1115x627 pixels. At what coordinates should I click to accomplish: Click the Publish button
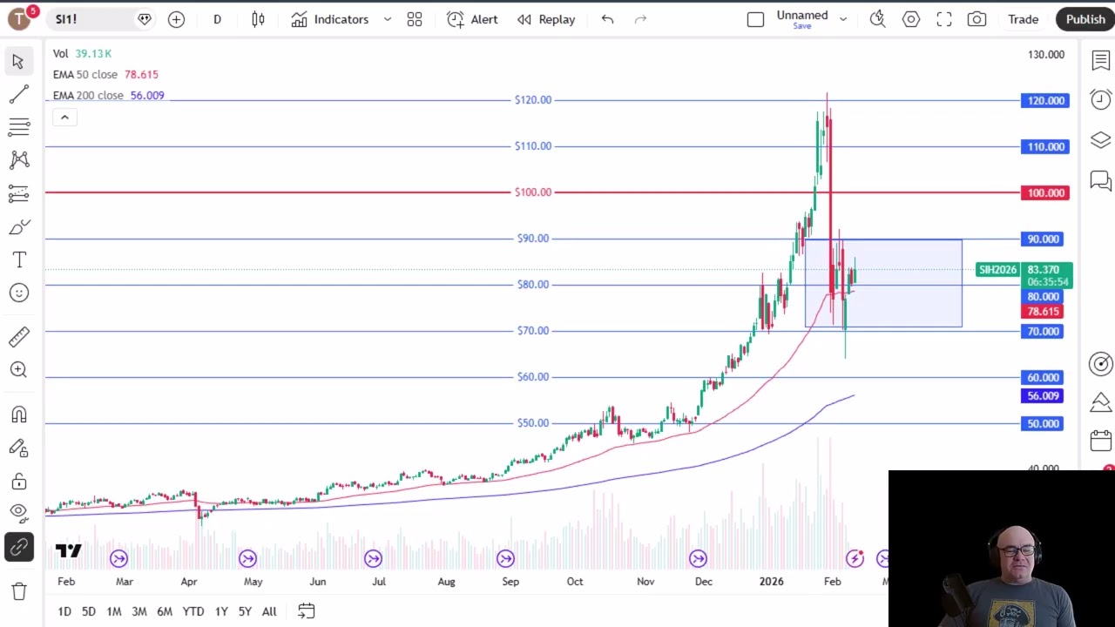1085,19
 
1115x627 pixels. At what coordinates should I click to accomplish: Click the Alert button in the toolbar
472,19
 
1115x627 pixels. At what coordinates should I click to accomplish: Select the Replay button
546,19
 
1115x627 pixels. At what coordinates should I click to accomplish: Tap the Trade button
1023,19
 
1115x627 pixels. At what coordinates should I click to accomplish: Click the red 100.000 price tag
1044,193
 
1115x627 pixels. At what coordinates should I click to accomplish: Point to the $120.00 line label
533,100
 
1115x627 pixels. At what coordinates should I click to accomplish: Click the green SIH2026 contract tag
997,270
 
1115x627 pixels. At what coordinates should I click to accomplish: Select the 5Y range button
245,611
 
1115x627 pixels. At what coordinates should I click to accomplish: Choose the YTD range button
193,611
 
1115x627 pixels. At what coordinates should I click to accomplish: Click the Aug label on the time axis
447,582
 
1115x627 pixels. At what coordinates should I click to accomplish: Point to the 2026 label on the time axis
771,582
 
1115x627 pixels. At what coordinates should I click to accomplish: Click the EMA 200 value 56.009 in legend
147,96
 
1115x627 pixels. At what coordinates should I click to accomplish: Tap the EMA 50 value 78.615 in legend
141,75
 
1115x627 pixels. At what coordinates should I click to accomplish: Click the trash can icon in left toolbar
19,591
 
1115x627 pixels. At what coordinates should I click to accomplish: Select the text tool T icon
19,260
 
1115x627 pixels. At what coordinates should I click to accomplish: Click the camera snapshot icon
976,19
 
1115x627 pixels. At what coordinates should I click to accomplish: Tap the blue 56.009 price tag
1042,396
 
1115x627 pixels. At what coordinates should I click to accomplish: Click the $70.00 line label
533,331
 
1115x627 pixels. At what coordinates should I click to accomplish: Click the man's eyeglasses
1017,551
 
